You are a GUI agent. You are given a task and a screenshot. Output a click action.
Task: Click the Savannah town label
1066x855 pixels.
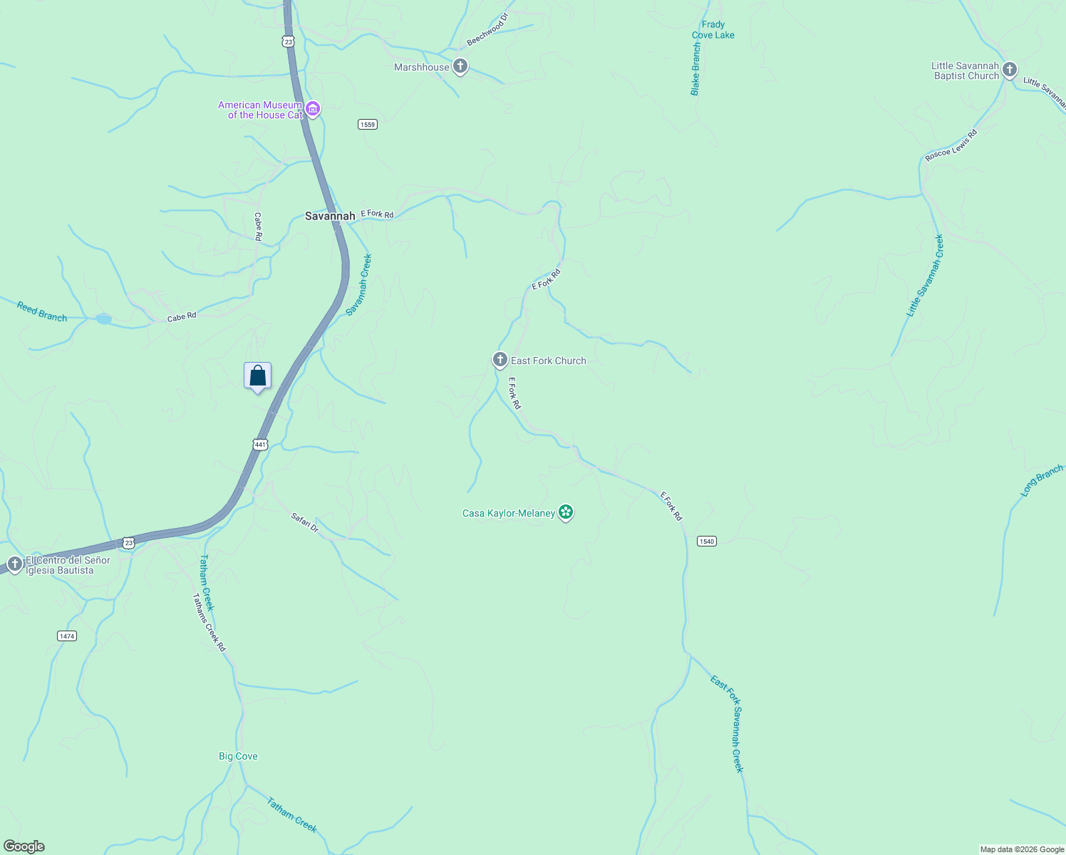coord(330,216)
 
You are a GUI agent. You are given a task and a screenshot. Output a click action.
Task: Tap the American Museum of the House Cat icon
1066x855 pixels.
coord(313,110)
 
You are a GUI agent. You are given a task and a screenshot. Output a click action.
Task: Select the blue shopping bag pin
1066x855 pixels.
coord(257,376)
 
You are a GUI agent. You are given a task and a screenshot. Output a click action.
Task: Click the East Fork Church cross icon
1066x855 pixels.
coord(500,360)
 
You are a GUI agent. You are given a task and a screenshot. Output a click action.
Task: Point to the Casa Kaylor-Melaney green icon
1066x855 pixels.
coord(566,512)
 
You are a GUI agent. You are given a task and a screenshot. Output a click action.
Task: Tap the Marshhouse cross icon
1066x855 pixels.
coord(460,67)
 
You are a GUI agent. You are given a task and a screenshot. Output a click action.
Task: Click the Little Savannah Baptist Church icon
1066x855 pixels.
coord(1009,70)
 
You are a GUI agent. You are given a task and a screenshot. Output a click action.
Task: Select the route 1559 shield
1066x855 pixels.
coord(367,125)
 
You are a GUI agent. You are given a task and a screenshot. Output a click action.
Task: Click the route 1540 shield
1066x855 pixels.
coord(706,541)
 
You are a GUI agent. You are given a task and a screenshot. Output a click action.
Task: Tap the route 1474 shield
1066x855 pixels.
coord(66,636)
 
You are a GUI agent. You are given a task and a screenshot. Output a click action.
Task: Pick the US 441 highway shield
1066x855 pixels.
coord(260,445)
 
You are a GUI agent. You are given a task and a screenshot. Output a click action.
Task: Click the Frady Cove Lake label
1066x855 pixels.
coord(713,30)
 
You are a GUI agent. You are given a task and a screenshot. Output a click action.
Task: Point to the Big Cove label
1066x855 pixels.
coord(238,757)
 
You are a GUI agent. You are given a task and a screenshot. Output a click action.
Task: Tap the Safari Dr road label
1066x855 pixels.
coord(305,522)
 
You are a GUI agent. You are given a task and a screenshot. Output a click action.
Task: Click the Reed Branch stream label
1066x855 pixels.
coord(42,312)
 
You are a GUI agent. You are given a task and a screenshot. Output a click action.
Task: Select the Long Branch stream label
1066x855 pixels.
coord(1042,480)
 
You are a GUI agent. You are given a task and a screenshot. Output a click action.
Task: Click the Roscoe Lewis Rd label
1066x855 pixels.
coord(951,145)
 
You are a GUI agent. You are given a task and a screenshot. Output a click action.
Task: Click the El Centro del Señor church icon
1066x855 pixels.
coord(14,565)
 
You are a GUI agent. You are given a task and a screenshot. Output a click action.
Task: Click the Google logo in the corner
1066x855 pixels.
coord(24,846)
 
